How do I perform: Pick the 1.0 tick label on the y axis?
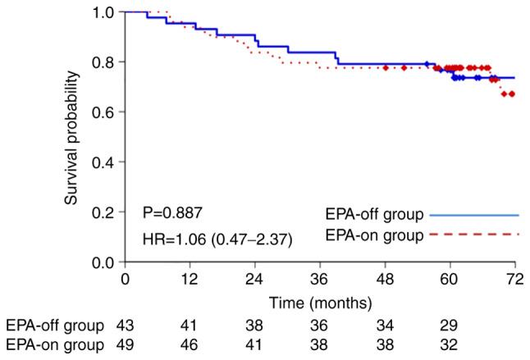107,13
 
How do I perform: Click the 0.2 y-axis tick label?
107,212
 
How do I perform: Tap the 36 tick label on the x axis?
320,279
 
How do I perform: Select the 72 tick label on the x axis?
514,279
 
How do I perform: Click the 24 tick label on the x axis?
255,279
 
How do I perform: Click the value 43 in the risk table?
126,326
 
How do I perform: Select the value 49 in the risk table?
126,346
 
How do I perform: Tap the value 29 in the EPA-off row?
450,326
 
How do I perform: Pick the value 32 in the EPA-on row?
450,346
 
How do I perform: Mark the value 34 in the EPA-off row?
385,326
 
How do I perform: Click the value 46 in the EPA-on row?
190,346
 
